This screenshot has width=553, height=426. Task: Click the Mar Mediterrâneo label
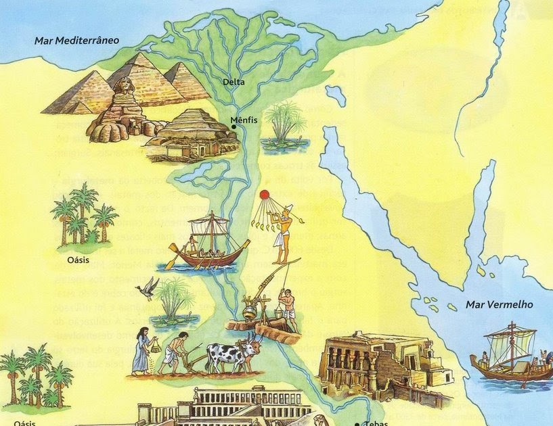77,40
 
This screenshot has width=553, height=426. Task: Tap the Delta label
234,83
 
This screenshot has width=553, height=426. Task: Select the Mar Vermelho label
499,305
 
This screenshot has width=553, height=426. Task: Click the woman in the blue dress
141,351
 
